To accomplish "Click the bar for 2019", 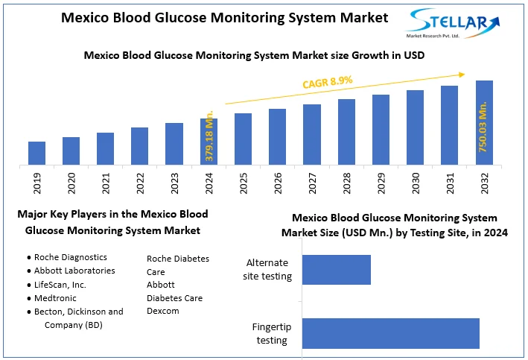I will (x=37, y=153).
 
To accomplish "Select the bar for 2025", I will (x=244, y=139).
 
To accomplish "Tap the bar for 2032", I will (x=484, y=122).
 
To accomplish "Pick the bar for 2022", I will (x=140, y=146).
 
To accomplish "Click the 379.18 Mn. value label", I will (x=209, y=138).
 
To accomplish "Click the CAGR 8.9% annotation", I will (x=327, y=81).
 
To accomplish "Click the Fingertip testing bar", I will (x=390, y=333).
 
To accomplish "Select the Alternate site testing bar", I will (x=336, y=270).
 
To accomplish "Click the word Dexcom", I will (x=163, y=311).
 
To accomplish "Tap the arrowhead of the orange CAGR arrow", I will (x=462, y=74).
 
